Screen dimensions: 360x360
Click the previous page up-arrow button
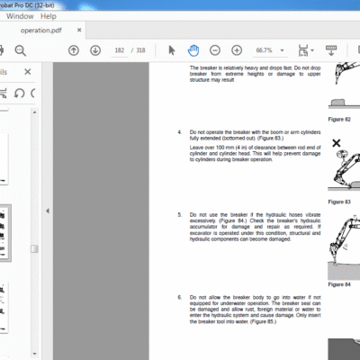(x=73, y=49)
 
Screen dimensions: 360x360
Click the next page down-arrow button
(x=93, y=49)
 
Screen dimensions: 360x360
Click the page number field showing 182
(x=120, y=49)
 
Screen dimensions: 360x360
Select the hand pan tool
(x=193, y=49)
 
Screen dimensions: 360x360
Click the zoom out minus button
(x=215, y=49)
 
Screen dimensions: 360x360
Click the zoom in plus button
(x=235, y=49)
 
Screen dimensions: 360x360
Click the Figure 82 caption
(x=338, y=117)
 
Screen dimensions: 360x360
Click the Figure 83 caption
(x=338, y=202)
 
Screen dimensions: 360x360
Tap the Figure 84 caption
(x=338, y=283)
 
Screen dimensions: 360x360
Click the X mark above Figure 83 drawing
(x=336, y=143)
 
